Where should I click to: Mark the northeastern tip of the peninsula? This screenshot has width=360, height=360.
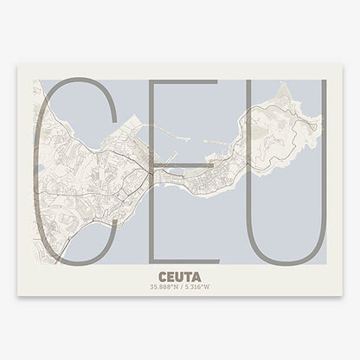point(310,84)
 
